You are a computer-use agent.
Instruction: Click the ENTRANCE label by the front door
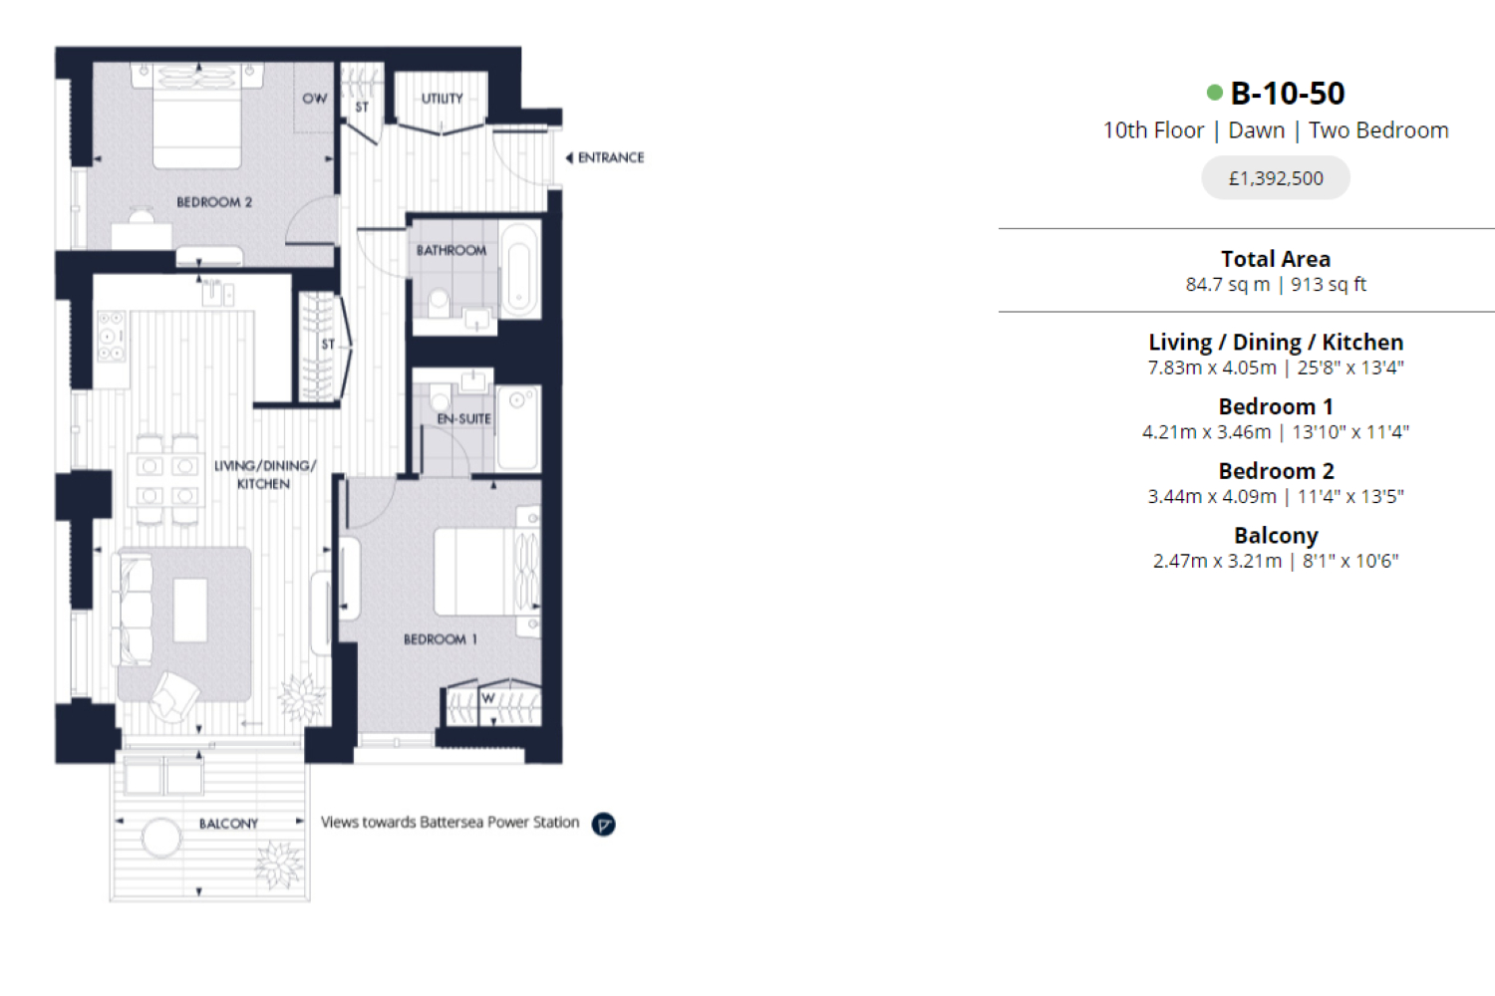[611, 158]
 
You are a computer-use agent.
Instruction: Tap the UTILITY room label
[442, 99]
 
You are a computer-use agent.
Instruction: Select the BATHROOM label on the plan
[451, 251]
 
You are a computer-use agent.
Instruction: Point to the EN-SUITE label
[463, 419]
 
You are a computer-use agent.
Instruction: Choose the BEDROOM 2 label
[214, 202]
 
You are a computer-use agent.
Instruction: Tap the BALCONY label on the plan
[228, 824]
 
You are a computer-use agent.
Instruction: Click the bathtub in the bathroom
[520, 271]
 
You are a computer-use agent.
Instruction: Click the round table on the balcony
[161, 838]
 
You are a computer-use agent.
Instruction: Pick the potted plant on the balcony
[278, 866]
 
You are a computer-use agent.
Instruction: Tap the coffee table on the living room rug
[190, 611]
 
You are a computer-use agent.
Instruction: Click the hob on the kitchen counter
[112, 337]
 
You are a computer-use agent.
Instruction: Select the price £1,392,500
[1276, 178]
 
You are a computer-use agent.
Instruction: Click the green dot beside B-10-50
[1215, 93]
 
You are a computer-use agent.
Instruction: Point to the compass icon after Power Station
[603, 825]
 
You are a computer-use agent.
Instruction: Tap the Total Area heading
[1276, 259]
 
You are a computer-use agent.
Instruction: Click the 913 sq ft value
[1329, 285]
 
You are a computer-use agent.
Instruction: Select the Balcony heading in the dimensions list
[1276, 536]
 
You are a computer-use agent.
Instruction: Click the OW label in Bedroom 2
[314, 99]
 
